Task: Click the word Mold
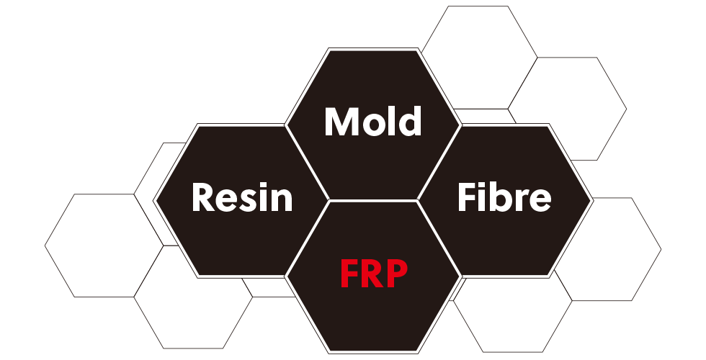click(372, 122)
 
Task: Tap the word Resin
click(242, 197)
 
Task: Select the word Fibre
click(504, 197)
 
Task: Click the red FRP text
click(373, 273)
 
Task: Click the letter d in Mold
click(410, 122)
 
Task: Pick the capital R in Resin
click(204, 197)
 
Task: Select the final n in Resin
click(282, 200)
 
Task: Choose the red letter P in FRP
click(396, 273)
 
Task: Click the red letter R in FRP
click(372, 273)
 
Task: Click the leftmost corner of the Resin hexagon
click(155, 200)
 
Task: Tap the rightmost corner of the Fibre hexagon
click(591, 200)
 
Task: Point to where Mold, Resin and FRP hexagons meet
click(329, 200)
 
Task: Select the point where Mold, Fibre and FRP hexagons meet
click(418, 200)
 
